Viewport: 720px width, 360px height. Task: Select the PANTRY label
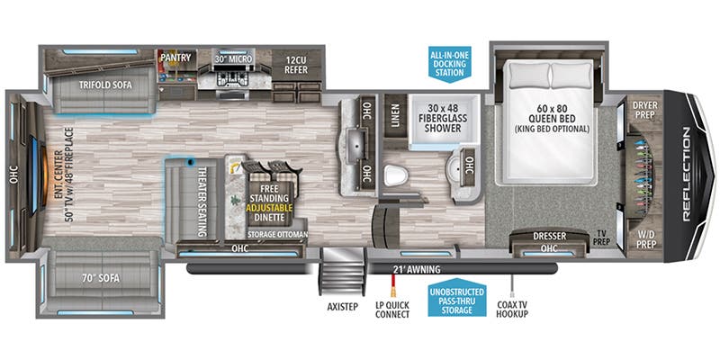point(175,58)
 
